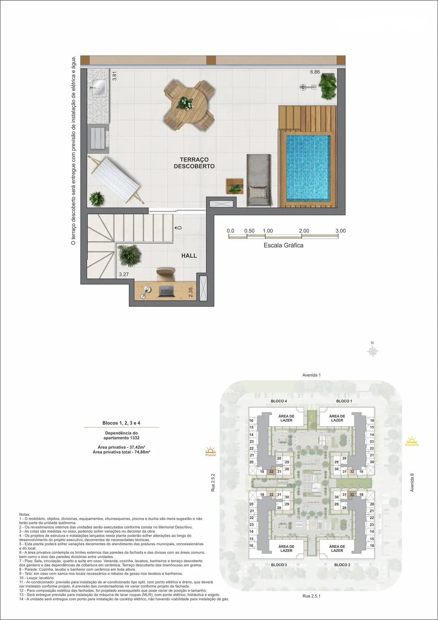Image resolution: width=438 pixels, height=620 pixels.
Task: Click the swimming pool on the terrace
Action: [x=308, y=168]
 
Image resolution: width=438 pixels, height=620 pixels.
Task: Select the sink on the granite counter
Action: [x=98, y=88]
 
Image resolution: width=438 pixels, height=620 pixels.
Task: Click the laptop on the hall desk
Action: [x=167, y=291]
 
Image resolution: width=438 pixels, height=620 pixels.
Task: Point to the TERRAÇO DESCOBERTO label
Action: [x=194, y=163]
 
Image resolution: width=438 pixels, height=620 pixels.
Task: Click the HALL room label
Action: [x=189, y=255]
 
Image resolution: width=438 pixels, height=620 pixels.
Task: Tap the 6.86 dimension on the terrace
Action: [x=315, y=72]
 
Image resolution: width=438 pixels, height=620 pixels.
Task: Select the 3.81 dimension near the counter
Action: [x=114, y=76]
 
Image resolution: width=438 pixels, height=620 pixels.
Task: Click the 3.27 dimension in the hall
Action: [x=124, y=274]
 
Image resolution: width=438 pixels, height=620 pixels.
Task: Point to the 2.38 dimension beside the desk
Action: [x=190, y=292]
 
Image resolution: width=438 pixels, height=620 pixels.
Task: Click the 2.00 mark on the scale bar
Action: [x=304, y=231]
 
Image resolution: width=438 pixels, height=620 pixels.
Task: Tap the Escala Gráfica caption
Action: [x=283, y=245]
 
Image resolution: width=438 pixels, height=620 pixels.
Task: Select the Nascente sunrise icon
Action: [x=412, y=441]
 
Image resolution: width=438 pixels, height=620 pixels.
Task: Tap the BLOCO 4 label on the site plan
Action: [x=279, y=401]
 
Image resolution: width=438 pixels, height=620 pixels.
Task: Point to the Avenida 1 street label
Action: [x=312, y=375]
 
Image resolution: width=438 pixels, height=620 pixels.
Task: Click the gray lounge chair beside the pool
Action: [x=259, y=180]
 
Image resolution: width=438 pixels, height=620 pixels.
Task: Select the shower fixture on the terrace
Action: [x=308, y=87]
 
